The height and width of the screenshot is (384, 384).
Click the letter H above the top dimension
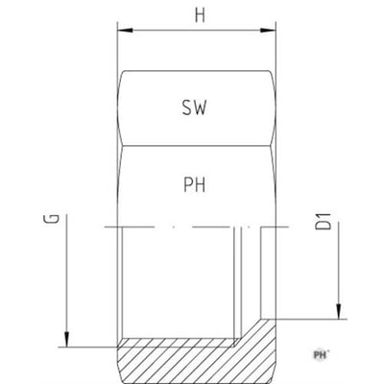(x=200, y=15)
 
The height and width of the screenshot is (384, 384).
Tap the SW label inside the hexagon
(x=195, y=108)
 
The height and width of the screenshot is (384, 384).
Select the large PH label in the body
(x=195, y=185)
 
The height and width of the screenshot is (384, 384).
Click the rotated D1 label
(x=323, y=221)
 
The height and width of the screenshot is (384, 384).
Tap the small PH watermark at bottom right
(x=321, y=354)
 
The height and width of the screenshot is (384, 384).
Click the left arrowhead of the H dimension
(x=125, y=31)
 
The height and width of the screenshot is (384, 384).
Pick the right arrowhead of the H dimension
(x=268, y=31)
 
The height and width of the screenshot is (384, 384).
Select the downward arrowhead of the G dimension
(x=66, y=339)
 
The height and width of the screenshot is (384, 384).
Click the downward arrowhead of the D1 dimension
(x=338, y=311)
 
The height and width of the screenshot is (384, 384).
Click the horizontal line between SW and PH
(x=196, y=146)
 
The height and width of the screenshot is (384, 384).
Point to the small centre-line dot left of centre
(x=174, y=228)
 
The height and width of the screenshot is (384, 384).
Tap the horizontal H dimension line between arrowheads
(x=197, y=31)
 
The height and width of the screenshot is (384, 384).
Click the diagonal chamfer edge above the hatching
(x=249, y=332)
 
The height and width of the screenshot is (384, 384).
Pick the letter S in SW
(x=187, y=108)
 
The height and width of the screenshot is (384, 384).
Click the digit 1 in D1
(x=323, y=215)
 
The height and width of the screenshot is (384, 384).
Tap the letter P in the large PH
(x=188, y=185)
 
